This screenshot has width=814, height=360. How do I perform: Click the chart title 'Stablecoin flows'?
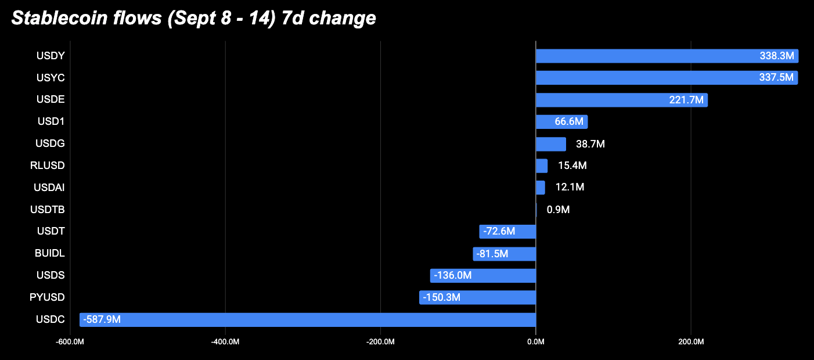[x=87, y=18]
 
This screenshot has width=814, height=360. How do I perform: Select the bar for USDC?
[x=308, y=320]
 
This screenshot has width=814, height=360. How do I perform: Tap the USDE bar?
[x=622, y=100]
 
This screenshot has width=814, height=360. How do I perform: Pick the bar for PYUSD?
[x=477, y=297]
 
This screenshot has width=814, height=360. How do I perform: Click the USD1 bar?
[x=562, y=122]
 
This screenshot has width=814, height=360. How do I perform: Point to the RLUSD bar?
[x=542, y=165]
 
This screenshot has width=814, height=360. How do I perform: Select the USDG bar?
[x=551, y=144]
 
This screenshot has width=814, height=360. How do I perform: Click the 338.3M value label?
[x=777, y=56]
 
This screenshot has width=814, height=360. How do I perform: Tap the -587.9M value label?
[x=102, y=320]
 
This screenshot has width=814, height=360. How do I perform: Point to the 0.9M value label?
[x=558, y=210]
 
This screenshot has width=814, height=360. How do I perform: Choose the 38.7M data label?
[x=590, y=144]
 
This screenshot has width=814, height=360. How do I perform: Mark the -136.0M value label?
[x=452, y=275]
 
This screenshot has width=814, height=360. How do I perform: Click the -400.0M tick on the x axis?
[x=225, y=342]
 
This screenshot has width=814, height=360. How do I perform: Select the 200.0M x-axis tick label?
[x=691, y=342]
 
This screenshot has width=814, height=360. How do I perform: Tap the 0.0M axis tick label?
[x=536, y=342]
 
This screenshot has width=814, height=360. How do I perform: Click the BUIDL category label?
[x=50, y=253]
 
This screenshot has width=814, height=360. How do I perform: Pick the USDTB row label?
[x=48, y=210]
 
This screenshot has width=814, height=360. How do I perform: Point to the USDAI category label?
[x=49, y=188]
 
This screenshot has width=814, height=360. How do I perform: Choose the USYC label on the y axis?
[x=51, y=78]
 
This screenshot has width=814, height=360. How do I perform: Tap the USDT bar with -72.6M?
[x=507, y=232]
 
